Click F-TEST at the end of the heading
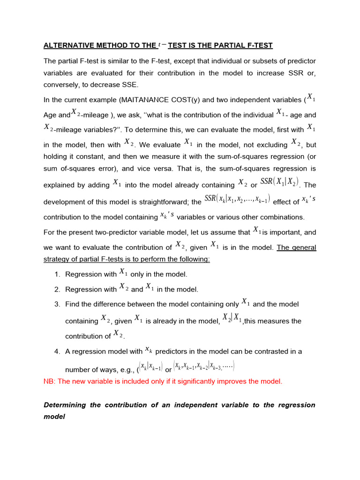coord(256,45)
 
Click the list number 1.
coord(56,274)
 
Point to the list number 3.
coord(56,304)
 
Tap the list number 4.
coord(56,351)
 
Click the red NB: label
coord(49,381)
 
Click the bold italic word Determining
coord(64,405)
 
